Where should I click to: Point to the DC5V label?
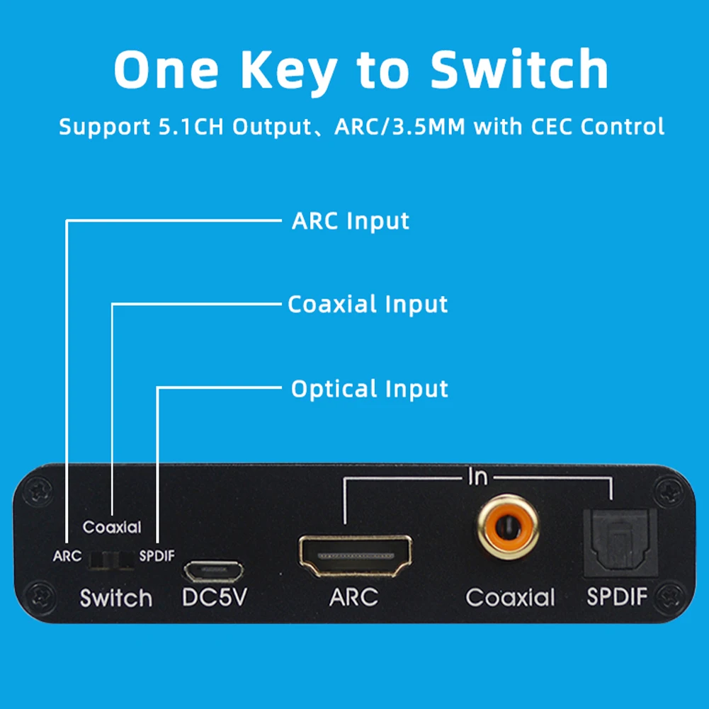214,598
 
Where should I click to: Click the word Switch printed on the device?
116,598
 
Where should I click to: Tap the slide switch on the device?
111,560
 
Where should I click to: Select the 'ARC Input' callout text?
351,221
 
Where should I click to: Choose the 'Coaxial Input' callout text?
368,305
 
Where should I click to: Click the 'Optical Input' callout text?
370,389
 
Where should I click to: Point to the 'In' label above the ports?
477,477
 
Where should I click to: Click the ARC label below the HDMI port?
353,597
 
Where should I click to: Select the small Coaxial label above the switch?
112,527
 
